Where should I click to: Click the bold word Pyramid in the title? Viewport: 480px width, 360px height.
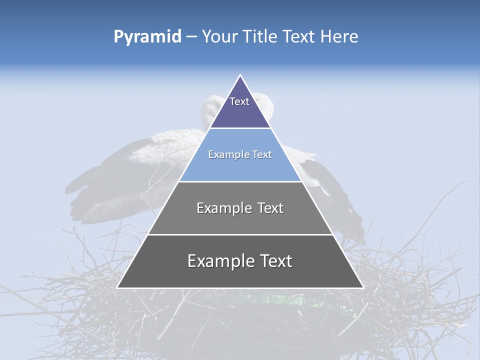(147, 37)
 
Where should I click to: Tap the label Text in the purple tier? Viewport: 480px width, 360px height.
(239, 101)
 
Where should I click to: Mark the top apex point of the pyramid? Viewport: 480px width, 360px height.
(240, 75)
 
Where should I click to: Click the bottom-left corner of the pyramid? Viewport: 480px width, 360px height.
(118, 287)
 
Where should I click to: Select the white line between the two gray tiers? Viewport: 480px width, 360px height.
(240, 234)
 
